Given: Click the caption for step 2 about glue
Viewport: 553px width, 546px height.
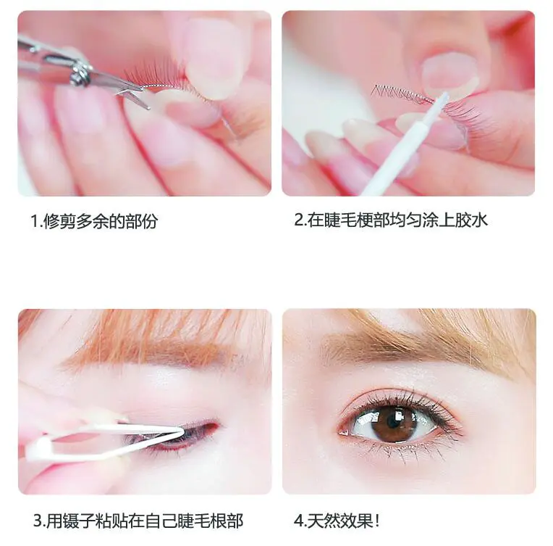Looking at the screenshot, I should pyautogui.click(x=391, y=220).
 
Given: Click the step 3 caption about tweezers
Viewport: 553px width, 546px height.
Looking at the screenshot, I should pyautogui.click(x=138, y=520).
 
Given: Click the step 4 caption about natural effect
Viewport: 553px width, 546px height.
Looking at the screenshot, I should pyautogui.click(x=337, y=520).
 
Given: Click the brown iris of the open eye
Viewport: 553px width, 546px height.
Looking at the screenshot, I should pyautogui.click(x=394, y=423).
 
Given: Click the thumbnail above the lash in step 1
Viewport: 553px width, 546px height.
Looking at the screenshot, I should pyautogui.click(x=206, y=51).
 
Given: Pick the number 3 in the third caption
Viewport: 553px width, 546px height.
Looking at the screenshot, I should pyautogui.click(x=37, y=521).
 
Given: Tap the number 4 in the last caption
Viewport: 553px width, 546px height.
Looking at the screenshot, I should pyautogui.click(x=298, y=521).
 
